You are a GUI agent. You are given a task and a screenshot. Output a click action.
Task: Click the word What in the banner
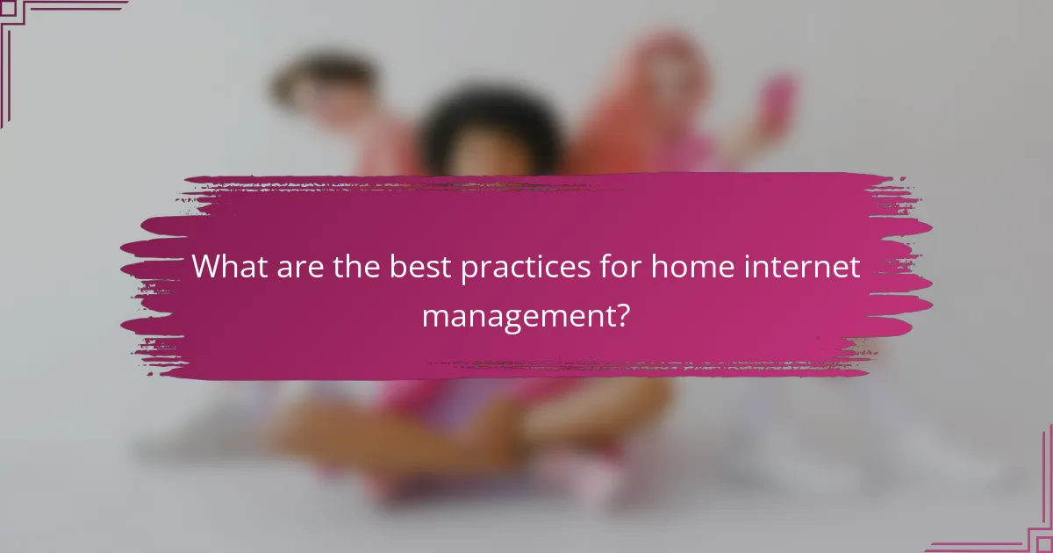point(228,267)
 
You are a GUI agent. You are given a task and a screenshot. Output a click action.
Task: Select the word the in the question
point(356,267)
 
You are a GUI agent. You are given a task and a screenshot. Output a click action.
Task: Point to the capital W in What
point(207,267)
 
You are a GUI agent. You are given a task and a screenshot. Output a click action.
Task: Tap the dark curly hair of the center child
point(491,123)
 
